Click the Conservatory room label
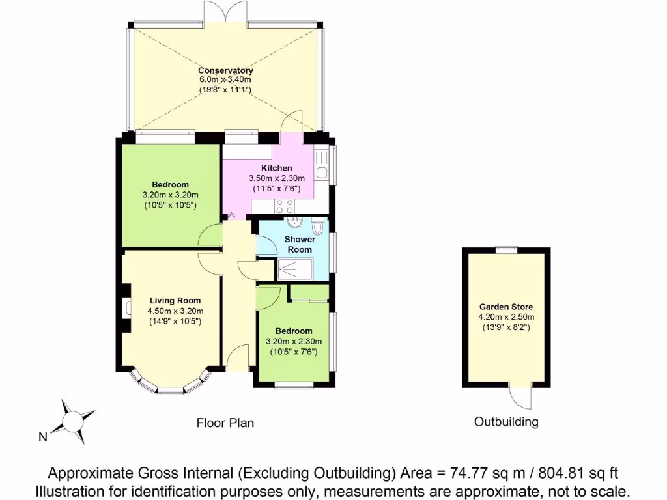click(x=225, y=70)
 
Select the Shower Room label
click(x=299, y=244)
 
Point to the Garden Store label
click(x=506, y=307)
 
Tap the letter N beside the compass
click(x=42, y=437)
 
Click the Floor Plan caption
click(x=225, y=423)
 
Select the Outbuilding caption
click(x=506, y=422)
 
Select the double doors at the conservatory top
click(x=225, y=13)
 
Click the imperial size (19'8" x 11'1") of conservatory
click(x=225, y=89)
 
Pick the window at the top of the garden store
click(x=506, y=249)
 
